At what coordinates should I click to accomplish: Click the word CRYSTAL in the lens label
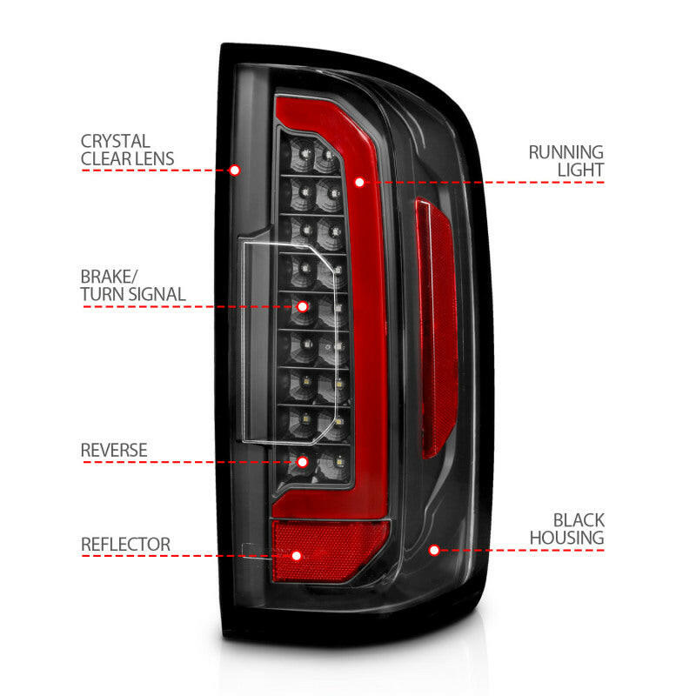coord(115,141)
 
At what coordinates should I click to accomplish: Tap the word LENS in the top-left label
coord(154,158)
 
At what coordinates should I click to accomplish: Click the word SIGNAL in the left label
coord(157,294)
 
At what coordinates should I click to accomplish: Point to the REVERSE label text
coord(114,451)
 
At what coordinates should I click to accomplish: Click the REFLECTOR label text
coord(125,545)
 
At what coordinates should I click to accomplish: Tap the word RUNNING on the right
coord(565,153)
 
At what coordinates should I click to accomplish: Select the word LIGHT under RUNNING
coord(580,171)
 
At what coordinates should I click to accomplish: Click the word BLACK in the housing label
coord(578,520)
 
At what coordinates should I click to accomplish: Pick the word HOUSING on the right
coord(567,538)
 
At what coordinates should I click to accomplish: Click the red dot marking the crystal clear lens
coord(234,171)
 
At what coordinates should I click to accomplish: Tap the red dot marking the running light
coord(359,183)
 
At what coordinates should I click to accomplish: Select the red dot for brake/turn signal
coord(303,306)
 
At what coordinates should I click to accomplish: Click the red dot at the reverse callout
coord(304,461)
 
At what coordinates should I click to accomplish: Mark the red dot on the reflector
coord(297,555)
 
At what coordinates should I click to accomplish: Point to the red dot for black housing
coord(433,550)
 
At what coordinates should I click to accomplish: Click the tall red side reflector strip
coord(437,331)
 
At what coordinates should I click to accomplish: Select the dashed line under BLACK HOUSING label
coord(522,550)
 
